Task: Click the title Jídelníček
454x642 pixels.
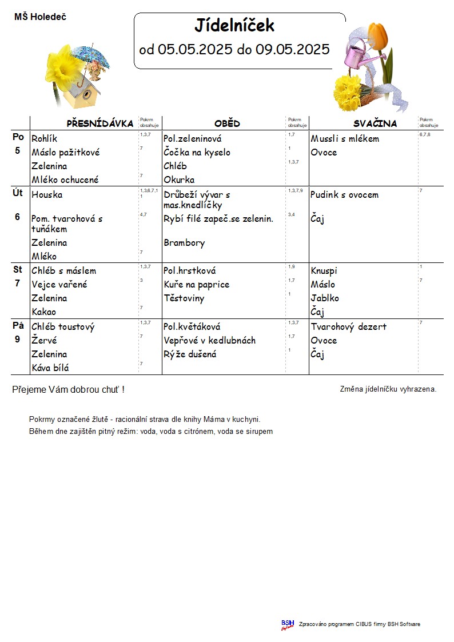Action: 234,26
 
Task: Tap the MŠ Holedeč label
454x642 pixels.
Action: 40,17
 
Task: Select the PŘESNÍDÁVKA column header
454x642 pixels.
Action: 100,123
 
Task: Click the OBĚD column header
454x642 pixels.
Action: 227,123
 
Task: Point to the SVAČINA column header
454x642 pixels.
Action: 375,123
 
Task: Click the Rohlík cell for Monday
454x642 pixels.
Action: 45,138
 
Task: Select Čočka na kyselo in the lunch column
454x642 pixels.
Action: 197,152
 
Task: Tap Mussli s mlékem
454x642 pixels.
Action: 345,138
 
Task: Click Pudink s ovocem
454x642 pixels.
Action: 344,194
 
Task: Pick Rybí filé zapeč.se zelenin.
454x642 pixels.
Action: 218,218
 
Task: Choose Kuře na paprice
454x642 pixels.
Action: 196,284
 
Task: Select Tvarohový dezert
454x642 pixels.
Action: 349,326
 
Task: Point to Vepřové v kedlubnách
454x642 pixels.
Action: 209,340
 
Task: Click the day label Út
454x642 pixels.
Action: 18,193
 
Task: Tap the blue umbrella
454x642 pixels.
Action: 91,55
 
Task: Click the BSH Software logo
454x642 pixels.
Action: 287,624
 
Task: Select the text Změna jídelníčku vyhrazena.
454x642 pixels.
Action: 388,389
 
